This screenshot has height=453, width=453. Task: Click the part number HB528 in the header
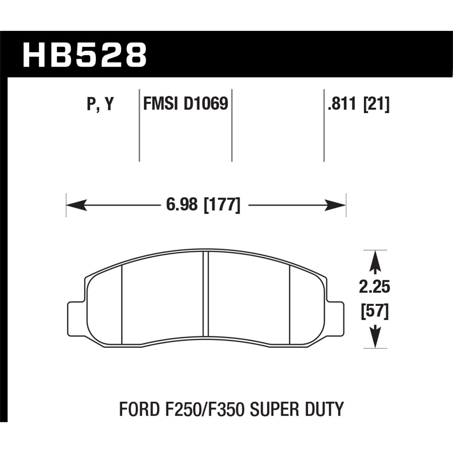[x=85, y=55]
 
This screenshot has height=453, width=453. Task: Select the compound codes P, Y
[x=100, y=104]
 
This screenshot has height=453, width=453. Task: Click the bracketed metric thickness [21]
[x=376, y=104]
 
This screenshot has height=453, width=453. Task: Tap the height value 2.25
[x=374, y=287]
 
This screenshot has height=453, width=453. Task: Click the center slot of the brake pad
[x=206, y=294]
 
